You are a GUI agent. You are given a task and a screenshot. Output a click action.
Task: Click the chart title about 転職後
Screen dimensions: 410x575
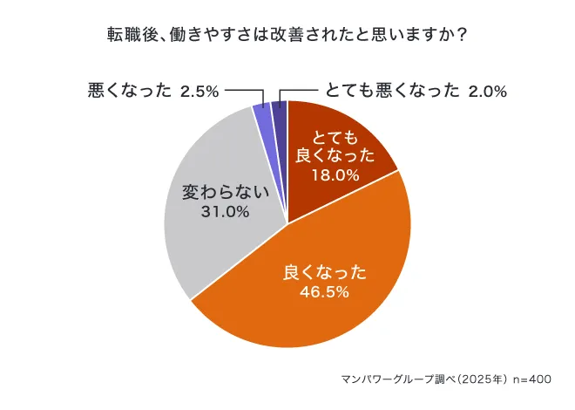[x=287, y=35]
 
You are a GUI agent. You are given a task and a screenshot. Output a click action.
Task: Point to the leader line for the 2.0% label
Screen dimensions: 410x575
[x=301, y=91]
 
